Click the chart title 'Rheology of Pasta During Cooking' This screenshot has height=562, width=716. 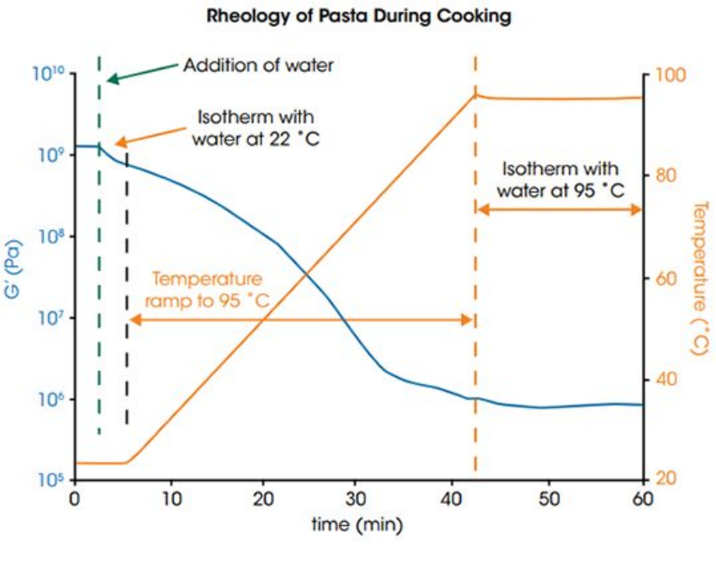click(x=359, y=16)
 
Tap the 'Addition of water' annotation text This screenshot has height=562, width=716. click(x=258, y=66)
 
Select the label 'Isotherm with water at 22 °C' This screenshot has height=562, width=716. click(x=256, y=128)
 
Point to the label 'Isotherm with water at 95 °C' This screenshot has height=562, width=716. click(x=560, y=179)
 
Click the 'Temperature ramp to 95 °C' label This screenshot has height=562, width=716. click(x=207, y=290)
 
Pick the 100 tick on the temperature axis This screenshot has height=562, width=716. click(x=670, y=75)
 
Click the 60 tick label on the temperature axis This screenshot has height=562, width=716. click(x=666, y=279)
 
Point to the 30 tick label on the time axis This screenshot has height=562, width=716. click(x=355, y=499)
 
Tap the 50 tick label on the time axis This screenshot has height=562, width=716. click(x=549, y=499)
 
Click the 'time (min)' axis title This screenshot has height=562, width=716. click(x=357, y=524)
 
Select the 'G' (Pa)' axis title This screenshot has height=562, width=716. click(x=13, y=270)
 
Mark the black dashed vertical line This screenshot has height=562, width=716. click(x=127, y=288)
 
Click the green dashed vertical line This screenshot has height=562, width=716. click(x=99, y=245)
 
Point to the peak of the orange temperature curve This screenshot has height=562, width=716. click(x=476, y=94)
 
